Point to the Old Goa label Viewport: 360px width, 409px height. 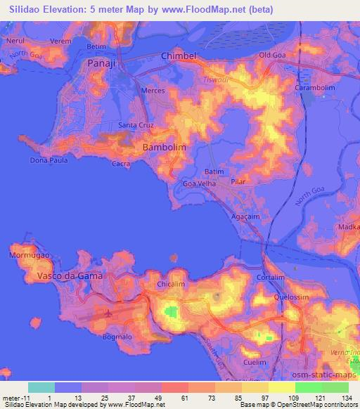[x=274, y=55]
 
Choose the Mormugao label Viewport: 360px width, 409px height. [x=30, y=256]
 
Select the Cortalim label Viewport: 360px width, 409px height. [x=271, y=278]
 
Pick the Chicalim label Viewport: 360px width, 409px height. [x=171, y=285]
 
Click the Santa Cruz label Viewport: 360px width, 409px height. [x=136, y=126]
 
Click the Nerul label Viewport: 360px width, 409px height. [x=17, y=41]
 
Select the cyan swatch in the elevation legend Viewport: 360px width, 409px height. [x=41, y=387]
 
